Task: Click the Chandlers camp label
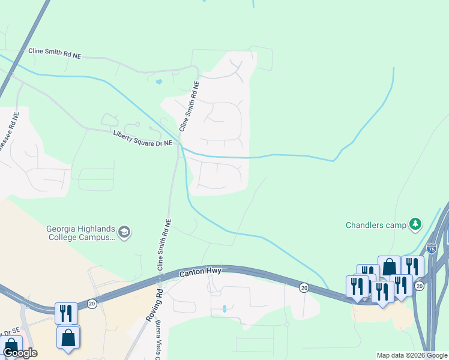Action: pyautogui.click(x=376, y=226)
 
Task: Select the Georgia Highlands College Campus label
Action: pyautogui.click(x=81, y=233)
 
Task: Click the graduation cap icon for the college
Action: pyautogui.click(x=124, y=232)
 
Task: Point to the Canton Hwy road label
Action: pyautogui.click(x=200, y=272)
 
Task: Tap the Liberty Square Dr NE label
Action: pyautogui.click(x=143, y=137)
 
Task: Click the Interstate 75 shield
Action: pyautogui.click(x=431, y=248)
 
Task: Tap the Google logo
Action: pyautogui.click(x=20, y=352)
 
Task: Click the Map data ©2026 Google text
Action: pyautogui.click(x=412, y=355)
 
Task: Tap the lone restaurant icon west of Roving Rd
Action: pyautogui.click(x=66, y=313)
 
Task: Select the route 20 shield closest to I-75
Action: pyautogui.click(x=419, y=286)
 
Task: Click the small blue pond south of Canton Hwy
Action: pyautogui.click(x=224, y=309)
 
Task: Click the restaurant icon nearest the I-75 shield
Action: pyautogui.click(x=412, y=266)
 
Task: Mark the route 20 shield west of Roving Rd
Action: pyautogui.click(x=92, y=304)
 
